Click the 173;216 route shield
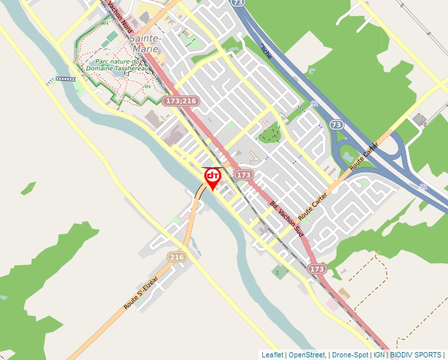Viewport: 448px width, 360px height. point(181,101)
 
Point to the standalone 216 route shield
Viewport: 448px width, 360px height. point(176,257)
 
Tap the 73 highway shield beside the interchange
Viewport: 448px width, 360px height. point(337,124)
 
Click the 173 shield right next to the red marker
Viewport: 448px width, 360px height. point(243,175)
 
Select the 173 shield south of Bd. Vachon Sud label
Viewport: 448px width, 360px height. point(317,269)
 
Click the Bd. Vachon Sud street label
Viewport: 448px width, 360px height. point(286,217)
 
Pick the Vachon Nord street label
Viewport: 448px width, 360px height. point(120,18)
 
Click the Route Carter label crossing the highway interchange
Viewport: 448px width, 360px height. point(364,156)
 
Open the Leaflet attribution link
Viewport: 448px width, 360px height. point(272,355)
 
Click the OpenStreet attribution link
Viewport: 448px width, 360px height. point(307,355)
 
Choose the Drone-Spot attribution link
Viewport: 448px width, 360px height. point(349,355)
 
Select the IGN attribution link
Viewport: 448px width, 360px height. point(379,355)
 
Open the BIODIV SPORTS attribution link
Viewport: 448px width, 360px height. point(416,355)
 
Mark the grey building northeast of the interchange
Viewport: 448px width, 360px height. point(420,119)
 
